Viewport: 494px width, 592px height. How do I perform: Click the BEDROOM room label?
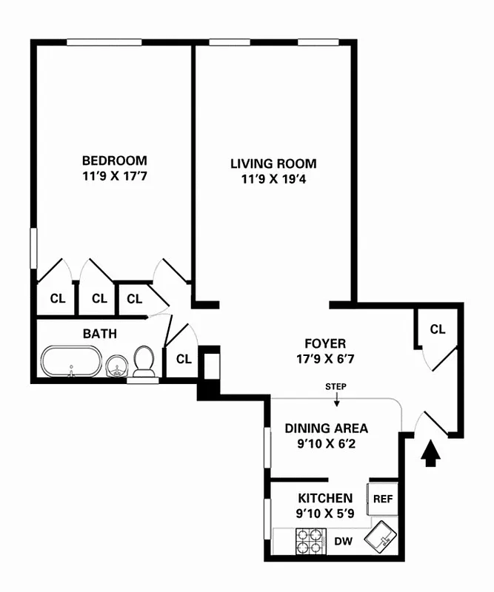tap(114, 160)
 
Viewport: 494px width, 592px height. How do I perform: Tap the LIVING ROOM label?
tap(273, 164)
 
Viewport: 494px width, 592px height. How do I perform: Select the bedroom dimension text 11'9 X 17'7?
tap(114, 177)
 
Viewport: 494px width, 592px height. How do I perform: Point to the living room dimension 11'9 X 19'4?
tap(273, 181)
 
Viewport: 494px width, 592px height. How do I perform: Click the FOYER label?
tap(325, 343)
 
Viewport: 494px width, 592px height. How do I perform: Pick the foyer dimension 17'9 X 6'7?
tap(325, 360)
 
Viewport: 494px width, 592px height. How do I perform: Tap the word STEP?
tap(336, 387)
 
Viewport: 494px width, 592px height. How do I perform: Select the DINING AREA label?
tap(327, 428)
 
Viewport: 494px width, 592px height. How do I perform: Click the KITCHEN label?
tap(325, 498)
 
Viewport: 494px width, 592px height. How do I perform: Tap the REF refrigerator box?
tap(383, 499)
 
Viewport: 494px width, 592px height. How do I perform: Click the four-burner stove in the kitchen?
tap(311, 541)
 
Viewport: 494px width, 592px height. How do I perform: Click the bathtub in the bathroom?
tap(70, 363)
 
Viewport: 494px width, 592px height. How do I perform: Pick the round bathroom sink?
tap(116, 365)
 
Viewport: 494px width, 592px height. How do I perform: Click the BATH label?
tap(99, 334)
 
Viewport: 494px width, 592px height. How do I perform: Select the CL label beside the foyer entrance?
tap(438, 329)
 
